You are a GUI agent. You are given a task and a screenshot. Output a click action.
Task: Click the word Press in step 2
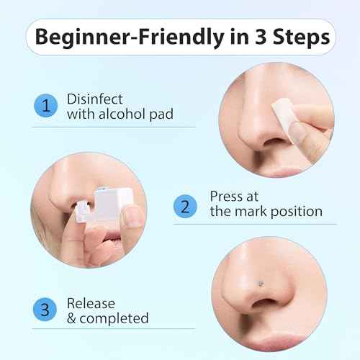click(225, 196)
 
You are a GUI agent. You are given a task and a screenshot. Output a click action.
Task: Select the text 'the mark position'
click(266, 212)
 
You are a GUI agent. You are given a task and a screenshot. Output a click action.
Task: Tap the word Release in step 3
click(91, 302)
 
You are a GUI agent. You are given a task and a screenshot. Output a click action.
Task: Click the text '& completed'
click(107, 318)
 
